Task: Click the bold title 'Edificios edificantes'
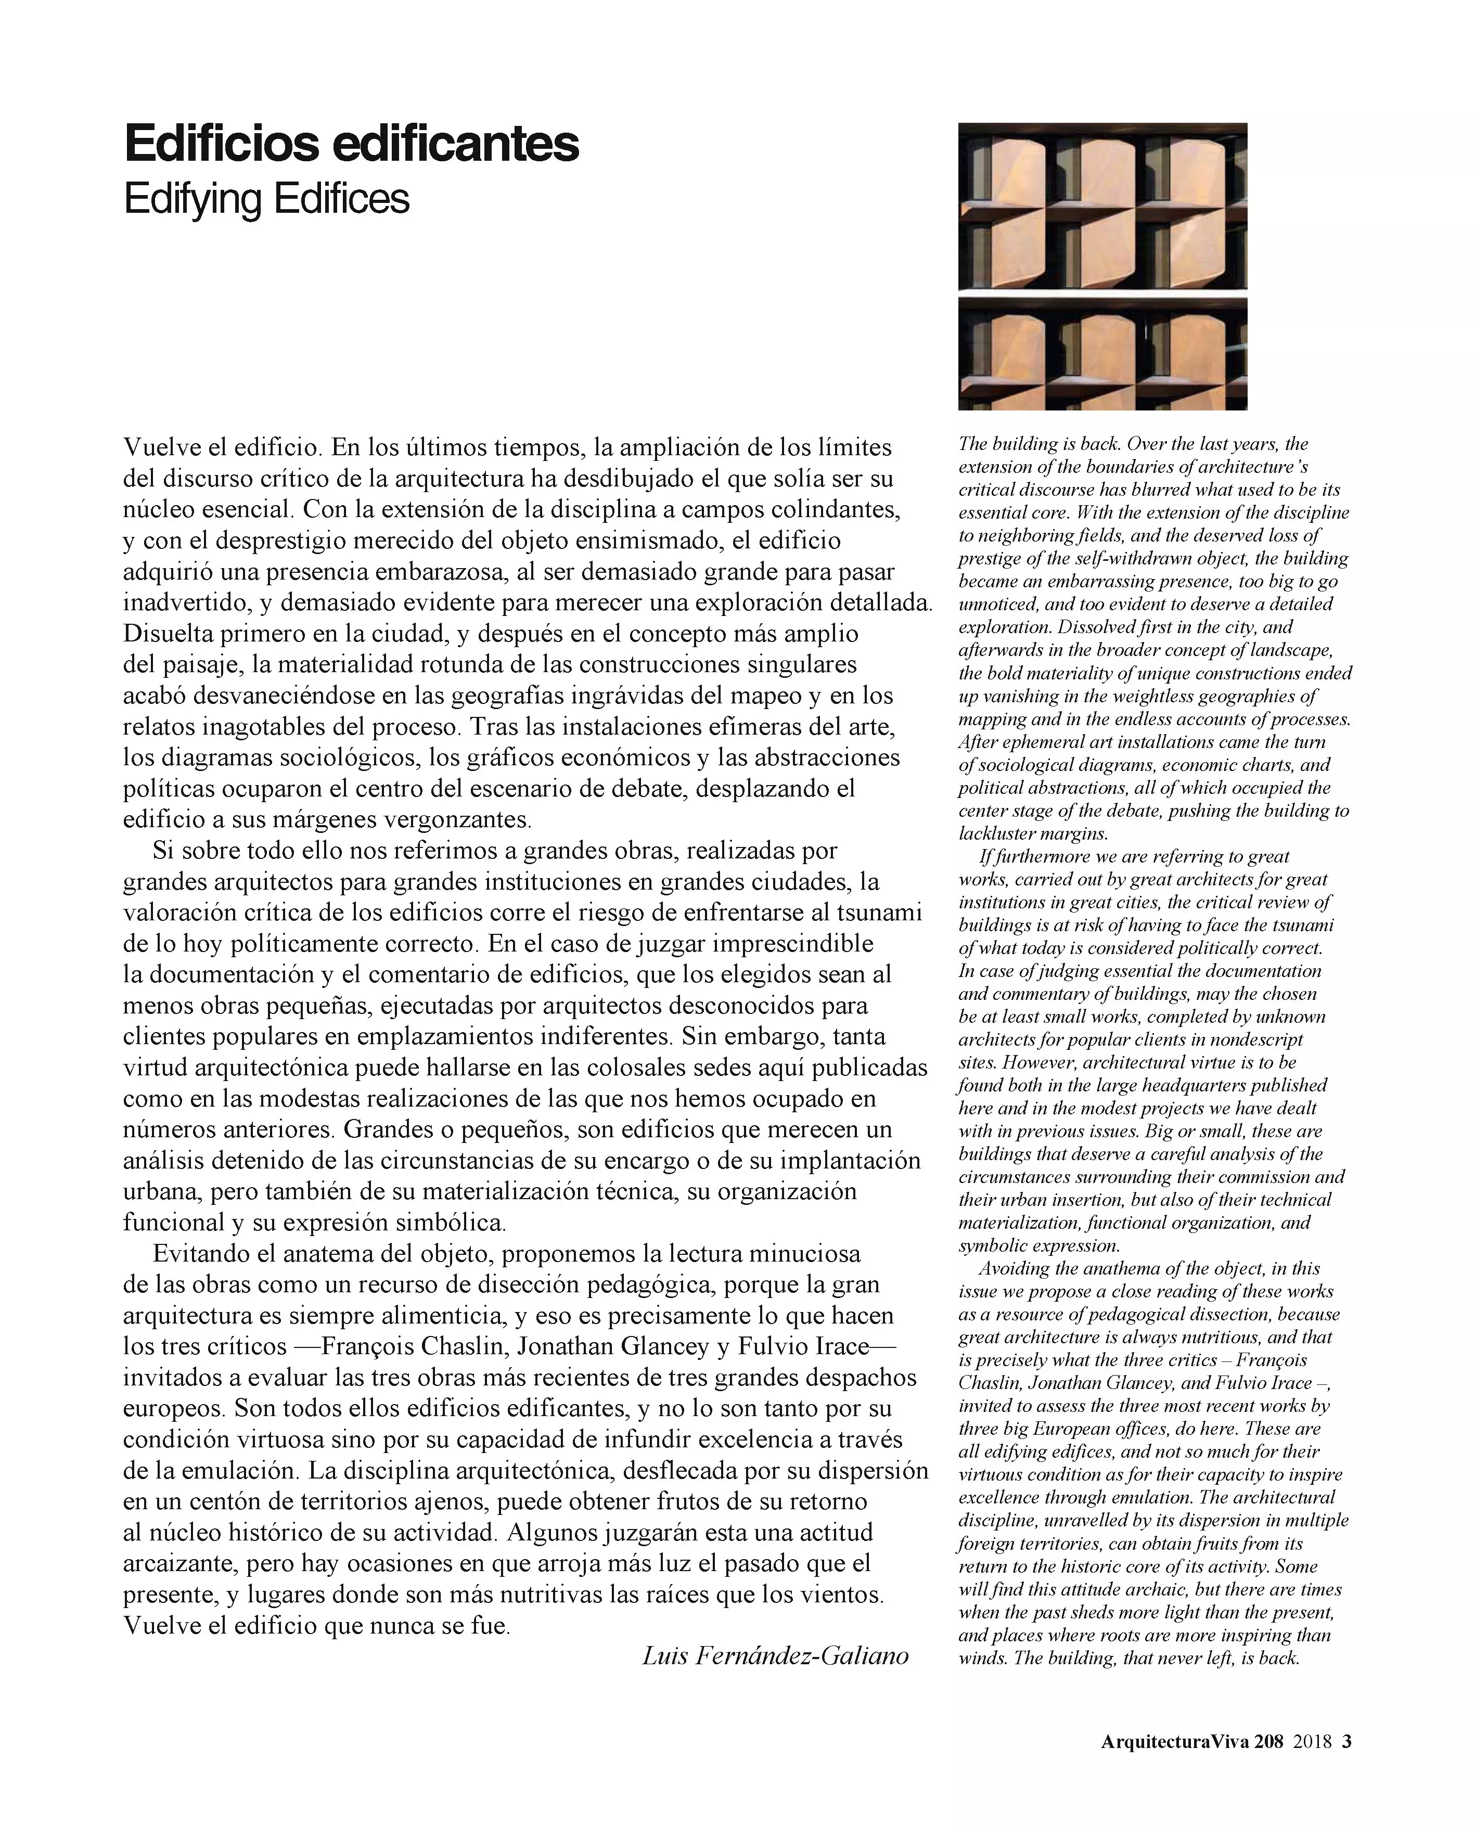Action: click(x=351, y=145)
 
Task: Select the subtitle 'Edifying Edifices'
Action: click(x=266, y=200)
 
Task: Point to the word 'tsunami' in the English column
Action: click(x=1304, y=924)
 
